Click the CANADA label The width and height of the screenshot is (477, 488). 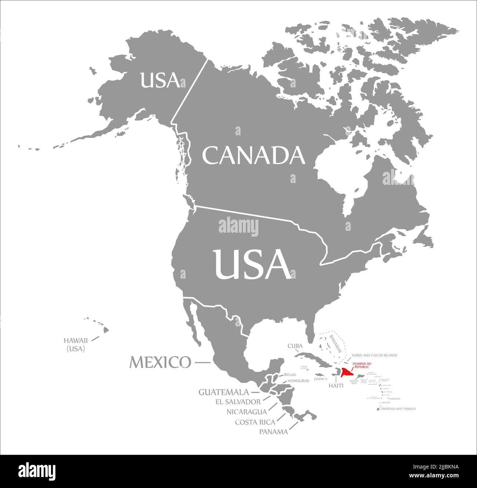click(x=254, y=156)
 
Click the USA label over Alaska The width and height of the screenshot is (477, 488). click(x=160, y=80)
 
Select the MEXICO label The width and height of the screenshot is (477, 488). click(x=160, y=362)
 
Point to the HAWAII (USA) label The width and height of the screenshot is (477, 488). click(x=76, y=344)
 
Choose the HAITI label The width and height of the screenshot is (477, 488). click(x=336, y=385)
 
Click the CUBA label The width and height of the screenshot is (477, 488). click(x=295, y=346)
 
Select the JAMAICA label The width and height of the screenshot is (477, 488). click(x=320, y=378)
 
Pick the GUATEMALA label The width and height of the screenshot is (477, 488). click(x=223, y=392)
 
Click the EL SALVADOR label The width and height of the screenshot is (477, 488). click(x=238, y=402)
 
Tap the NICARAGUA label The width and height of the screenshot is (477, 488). click(x=247, y=412)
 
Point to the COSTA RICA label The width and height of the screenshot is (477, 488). click(x=255, y=422)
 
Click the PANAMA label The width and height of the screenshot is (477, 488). click(x=273, y=432)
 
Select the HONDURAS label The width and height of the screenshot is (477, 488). click(x=298, y=381)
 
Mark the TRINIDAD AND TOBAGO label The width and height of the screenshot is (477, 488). click(x=398, y=409)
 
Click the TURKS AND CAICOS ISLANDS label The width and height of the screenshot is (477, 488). click(x=374, y=355)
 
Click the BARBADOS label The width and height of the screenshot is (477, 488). click(x=393, y=399)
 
